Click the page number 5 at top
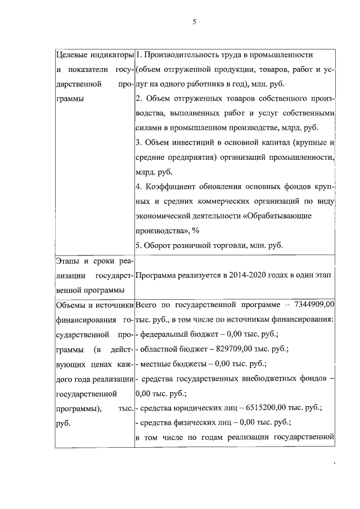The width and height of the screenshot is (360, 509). click(x=193, y=22)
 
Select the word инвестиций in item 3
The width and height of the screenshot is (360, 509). click(x=186, y=143)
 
